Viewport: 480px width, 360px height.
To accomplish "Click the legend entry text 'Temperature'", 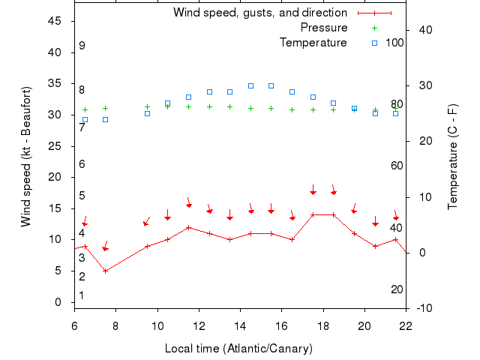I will point(313,43).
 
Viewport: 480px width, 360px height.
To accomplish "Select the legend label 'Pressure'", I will point(324,28).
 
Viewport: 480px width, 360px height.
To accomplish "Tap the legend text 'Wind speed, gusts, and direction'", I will point(259,13).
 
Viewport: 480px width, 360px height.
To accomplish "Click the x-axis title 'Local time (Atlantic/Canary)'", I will point(238,349).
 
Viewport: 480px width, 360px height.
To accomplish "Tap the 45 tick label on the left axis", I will point(55,21).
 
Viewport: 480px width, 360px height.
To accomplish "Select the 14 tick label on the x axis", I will point(240,325).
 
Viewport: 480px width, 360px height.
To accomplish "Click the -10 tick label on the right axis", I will point(424,308).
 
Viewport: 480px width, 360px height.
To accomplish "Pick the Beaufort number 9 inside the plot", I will point(82,46).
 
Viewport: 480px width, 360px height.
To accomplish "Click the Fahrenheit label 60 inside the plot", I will point(397,166).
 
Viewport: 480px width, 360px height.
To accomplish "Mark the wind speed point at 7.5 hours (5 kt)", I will point(106,271).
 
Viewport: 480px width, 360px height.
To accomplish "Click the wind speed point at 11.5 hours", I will point(188,227).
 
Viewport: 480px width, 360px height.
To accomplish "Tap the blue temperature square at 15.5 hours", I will point(271,85).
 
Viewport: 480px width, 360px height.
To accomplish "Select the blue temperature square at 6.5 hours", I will point(85,119).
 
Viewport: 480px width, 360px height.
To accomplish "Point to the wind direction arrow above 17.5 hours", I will point(313,189).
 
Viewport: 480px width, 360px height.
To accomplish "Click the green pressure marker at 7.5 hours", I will point(106,108).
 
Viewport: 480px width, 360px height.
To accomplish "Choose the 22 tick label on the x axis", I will point(406,325).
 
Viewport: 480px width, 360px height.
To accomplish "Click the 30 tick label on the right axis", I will point(422,85).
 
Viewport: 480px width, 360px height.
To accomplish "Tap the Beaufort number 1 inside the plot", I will point(82,295).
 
